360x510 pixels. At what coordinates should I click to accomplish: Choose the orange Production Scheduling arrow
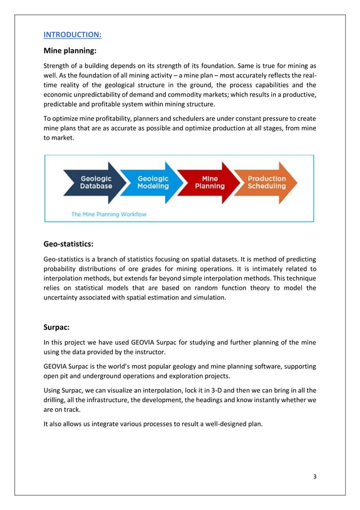click(267, 182)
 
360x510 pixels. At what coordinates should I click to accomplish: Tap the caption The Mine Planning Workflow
click(108, 214)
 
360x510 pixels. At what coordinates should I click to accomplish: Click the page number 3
click(315, 477)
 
